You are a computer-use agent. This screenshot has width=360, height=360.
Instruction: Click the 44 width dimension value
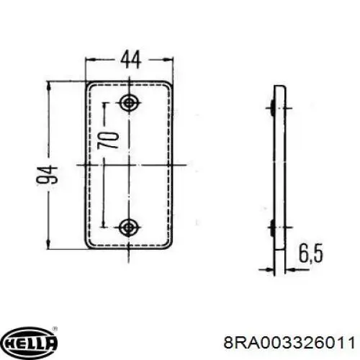pyautogui.click(x=130, y=60)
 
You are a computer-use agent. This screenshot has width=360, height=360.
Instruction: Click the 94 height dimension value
pyautogui.click(x=47, y=174)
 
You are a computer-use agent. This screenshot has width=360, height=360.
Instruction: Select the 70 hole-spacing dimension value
pyautogui.click(x=108, y=140)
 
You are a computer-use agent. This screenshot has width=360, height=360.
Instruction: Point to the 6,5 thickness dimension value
pyautogui.click(x=311, y=253)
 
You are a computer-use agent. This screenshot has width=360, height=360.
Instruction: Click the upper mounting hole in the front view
pyautogui.click(x=130, y=103)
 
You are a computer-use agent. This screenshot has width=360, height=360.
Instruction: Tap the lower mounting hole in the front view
pyautogui.click(x=130, y=227)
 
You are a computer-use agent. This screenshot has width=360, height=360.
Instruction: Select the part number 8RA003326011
pyautogui.click(x=289, y=343)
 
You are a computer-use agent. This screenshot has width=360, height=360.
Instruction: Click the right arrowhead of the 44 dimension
pyautogui.click(x=168, y=59)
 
